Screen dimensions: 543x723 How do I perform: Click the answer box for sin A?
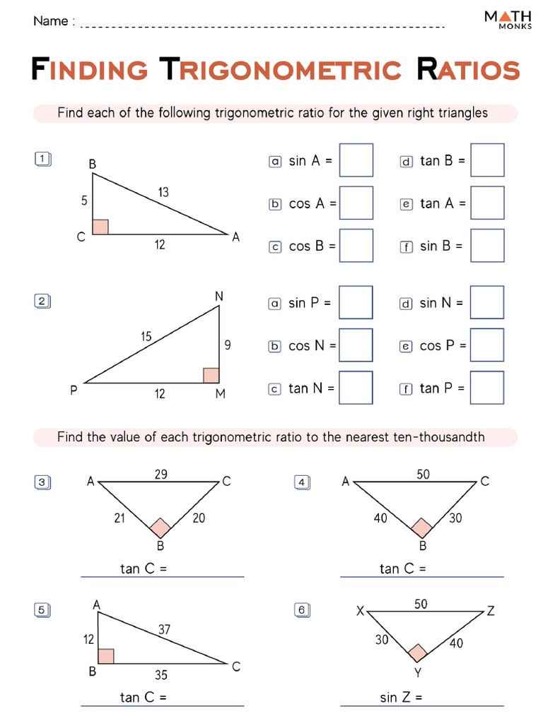point(356,160)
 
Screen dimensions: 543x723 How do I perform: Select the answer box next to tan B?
point(487,160)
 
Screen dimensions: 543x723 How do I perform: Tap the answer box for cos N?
point(356,345)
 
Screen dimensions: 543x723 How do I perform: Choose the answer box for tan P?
point(487,388)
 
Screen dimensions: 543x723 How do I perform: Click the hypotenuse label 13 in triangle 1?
point(163,192)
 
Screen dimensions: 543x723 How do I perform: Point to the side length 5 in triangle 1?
point(84,201)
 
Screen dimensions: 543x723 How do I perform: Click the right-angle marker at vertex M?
point(211,375)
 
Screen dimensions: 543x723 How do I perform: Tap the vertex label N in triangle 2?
point(219,297)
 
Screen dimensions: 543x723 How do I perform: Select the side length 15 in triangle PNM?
point(146,337)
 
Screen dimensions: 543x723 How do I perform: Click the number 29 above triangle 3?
point(160,474)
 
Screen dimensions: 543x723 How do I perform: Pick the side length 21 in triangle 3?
point(119,518)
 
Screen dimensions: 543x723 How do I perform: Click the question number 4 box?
point(301,483)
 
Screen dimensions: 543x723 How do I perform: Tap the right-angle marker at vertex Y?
point(418,653)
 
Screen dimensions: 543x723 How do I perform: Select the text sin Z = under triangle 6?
point(401,698)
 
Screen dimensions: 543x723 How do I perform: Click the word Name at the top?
point(50,21)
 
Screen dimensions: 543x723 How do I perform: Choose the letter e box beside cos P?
point(406,347)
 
